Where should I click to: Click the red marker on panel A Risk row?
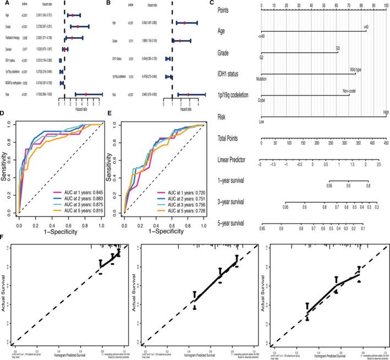86,95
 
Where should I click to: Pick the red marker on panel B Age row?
185,23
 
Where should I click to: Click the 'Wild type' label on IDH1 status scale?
355,69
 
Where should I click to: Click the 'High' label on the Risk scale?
386,112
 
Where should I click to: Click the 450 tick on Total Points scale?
386,142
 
